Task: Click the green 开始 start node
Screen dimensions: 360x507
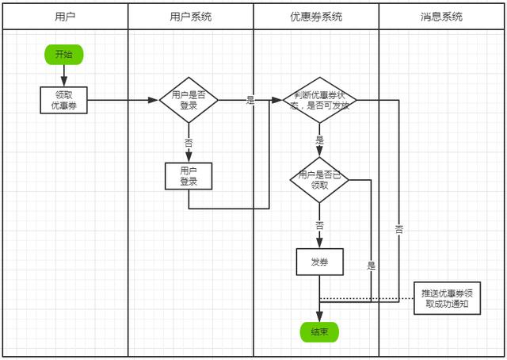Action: (63, 55)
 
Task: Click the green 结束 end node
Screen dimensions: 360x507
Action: (319, 332)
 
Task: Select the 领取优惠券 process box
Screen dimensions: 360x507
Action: (63, 100)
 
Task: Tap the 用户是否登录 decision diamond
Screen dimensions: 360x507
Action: (189, 100)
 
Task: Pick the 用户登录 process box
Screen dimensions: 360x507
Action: (189, 176)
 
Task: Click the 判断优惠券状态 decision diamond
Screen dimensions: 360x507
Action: (319, 100)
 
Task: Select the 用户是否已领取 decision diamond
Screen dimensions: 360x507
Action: (319, 180)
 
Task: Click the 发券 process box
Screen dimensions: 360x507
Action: (319, 262)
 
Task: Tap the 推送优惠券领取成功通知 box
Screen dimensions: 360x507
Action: (448, 297)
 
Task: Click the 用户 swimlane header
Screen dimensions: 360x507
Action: (66, 17)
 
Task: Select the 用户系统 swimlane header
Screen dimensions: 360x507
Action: (191, 17)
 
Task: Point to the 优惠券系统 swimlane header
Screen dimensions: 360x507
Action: (316, 17)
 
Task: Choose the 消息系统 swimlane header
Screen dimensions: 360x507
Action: (441, 17)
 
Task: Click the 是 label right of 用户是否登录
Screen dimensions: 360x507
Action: (251, 101)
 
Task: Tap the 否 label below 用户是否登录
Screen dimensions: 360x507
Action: (189, 144)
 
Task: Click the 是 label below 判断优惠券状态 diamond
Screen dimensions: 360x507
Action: (319, 140)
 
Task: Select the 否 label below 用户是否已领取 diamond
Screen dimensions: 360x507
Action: (319, 225)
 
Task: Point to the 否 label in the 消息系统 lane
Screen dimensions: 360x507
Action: (398, 229)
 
